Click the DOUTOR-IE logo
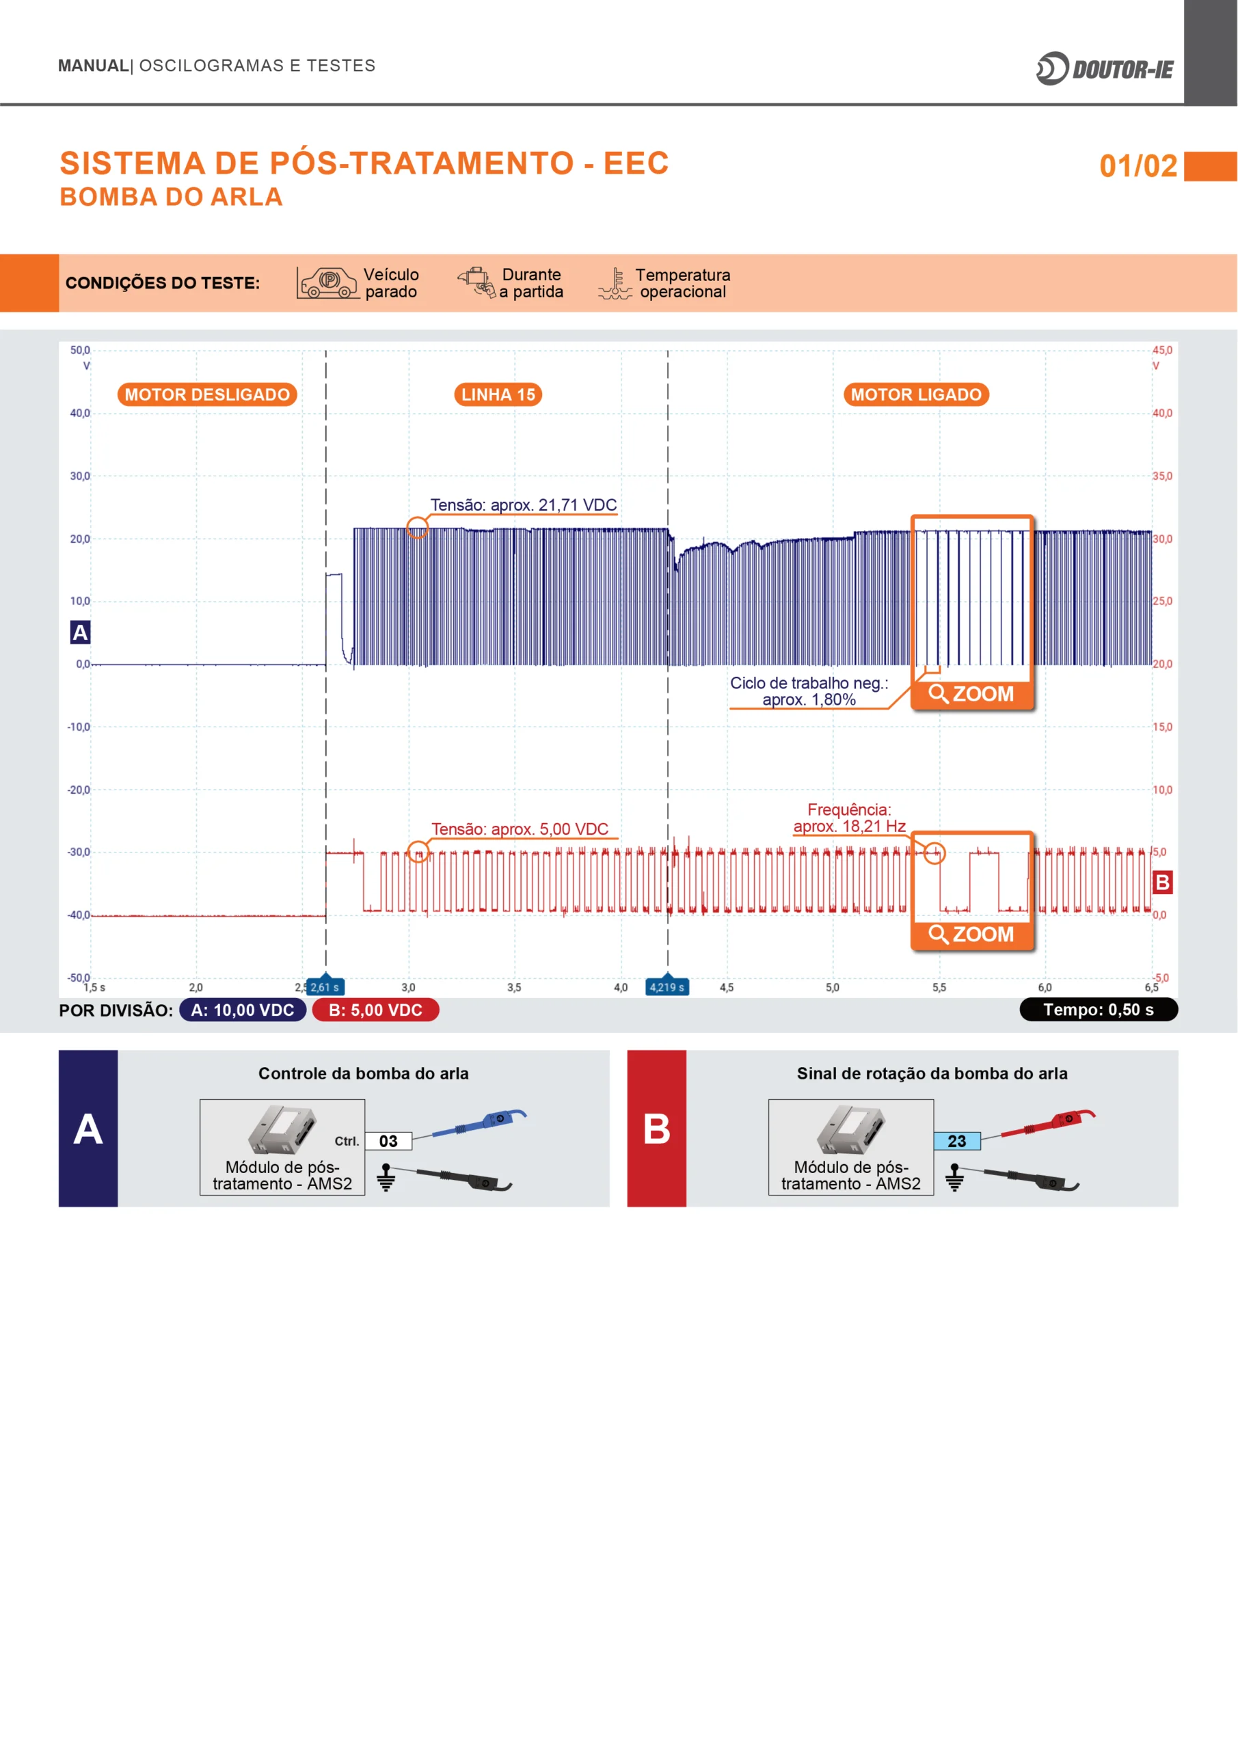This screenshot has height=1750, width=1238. click(1105, 68)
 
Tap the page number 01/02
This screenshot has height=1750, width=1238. click(1138, 166)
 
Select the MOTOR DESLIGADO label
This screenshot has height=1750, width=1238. click(207, 394)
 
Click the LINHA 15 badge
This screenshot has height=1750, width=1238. click(498, 394)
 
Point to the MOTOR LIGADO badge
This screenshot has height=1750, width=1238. click(915, 394)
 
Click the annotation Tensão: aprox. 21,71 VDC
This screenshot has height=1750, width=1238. click(524, 504)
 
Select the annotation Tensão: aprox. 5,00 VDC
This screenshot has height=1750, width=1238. click(520, 829)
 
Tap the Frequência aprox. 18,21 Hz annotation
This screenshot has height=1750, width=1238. click(849, 818)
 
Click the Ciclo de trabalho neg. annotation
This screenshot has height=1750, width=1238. click(809, 691)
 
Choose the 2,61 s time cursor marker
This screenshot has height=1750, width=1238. click(325, 986)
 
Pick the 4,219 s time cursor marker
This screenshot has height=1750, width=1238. click(668, 986)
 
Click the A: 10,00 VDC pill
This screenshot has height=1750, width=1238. click(243, 1010)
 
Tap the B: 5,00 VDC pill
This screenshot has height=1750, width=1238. click(376, 1010)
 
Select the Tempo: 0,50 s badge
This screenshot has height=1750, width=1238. click(1099, 1010)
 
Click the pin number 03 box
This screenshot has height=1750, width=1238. click(388, 1141)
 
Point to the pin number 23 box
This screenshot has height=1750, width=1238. click(957, 1141)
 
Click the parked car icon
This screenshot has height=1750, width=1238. click(328, 283)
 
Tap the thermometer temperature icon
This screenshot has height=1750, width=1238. click(615, 284)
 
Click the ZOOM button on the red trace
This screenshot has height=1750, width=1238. click(972, 934)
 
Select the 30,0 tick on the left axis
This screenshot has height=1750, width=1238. click(80, 476)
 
